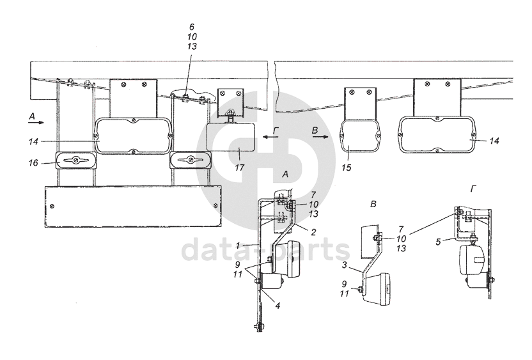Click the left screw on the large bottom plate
tap(52, 206)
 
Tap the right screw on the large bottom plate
tap(214, 206)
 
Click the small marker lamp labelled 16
tap(75, 160)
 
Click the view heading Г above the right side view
tap(473, 189)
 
